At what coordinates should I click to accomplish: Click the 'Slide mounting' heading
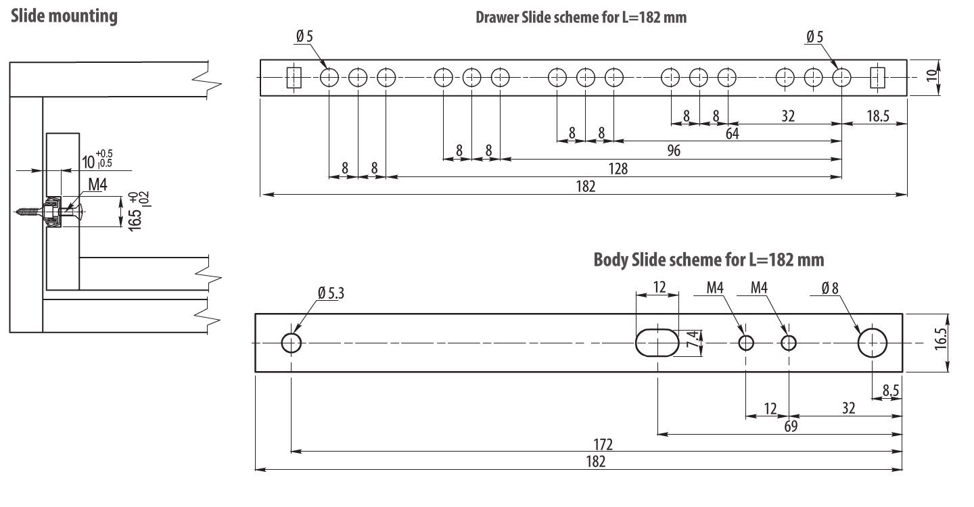(x=64, y=16)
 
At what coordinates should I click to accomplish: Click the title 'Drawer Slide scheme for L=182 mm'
(x=581, y=18)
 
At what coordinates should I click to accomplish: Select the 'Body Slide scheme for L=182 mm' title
(x=709, y=260)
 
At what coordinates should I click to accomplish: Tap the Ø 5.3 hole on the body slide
(x=292, y=343)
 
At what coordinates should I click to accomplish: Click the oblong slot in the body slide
(x=657, y=343)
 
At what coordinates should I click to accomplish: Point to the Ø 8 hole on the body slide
(x=873, y=343)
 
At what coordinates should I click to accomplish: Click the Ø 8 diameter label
(x=830, y=288)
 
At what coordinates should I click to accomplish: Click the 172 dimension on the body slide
(x=603, y=445)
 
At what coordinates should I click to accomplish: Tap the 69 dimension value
(x=791, y=427)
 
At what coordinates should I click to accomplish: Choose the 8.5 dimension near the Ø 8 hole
(x=890, y=390)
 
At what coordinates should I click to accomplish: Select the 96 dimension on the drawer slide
(x=673, y=151)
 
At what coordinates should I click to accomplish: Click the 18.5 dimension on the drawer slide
(x=877, y=116)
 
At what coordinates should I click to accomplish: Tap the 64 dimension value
(x=732, y=134)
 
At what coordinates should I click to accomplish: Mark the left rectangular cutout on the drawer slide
(x=294, y=78)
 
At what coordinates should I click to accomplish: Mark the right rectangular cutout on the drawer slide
(x=877, y=78)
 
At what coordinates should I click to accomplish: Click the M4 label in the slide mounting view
(x=97, y=185)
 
